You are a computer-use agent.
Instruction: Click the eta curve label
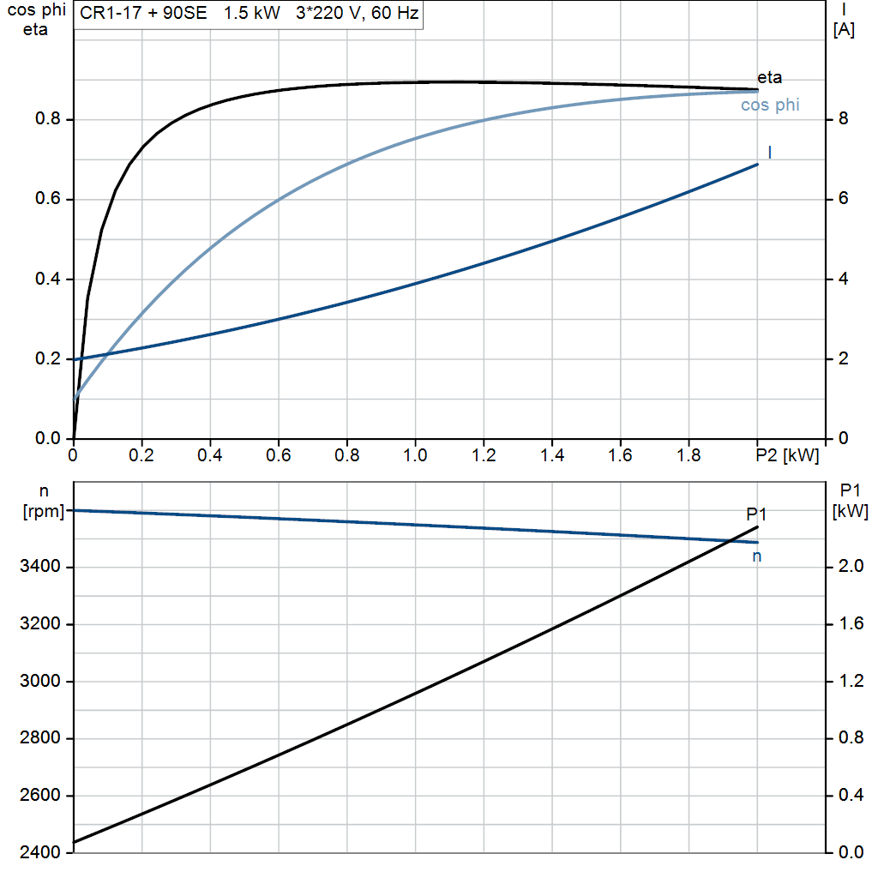pyautogui.click(x=769, y=78)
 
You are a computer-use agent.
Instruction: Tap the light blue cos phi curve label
pyautogui.click(x=769, y=105)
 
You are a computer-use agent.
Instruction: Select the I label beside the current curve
pyautogui.click(x=770, y=153)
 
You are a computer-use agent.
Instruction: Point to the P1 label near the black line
pyautogui.click(x=755, y=514)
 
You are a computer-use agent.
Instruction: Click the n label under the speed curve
pyautogui.click(x=757, y=556)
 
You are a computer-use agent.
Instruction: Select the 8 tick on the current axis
pyautogui.click(x=843, y=119)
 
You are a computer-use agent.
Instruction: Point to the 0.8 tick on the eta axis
pyautogui.click(x=47, y=119)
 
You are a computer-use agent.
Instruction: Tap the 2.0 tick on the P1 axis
pyautogui.click(x=850, y=568)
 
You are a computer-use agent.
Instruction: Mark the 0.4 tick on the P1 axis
pyautogui.click(x=850, y=796)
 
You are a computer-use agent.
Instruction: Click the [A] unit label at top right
pyautogui.click(x=844, y=29)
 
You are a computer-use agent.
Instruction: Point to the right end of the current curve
pyautogui.click(x=758, y=164)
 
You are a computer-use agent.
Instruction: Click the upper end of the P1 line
pyautogui.click(x=758, y=526)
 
